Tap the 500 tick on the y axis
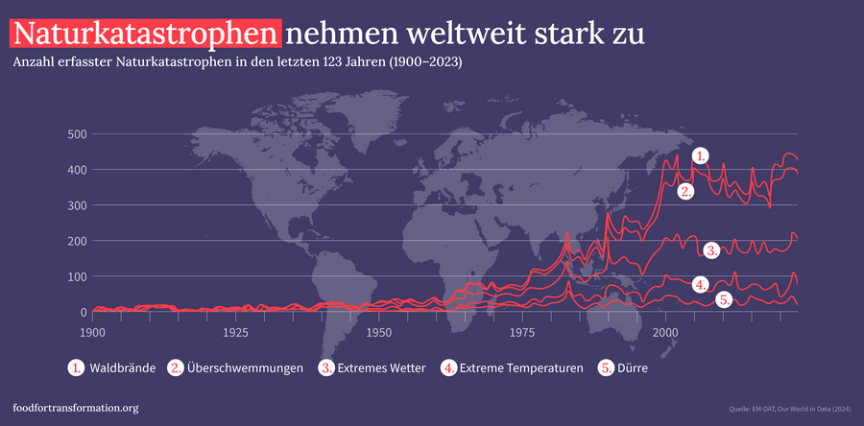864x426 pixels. pos(78,134)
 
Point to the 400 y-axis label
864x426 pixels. pos(78,170)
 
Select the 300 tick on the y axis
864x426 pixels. pos(78,205)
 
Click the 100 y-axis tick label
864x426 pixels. pos(78,276)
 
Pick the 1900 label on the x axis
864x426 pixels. pos(92,332)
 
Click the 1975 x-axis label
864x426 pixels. pos(522,332)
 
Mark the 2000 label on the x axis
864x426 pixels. pos(665,332)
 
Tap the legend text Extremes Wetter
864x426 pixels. pos(382,368)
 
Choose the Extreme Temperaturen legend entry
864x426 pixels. pos(521,368)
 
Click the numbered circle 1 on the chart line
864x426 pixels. pos(701,155)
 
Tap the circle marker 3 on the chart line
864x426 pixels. pos(711,249)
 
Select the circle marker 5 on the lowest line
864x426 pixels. pos(725,299)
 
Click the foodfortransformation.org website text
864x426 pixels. pos(76,408)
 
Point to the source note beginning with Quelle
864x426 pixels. pos(791,409)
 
